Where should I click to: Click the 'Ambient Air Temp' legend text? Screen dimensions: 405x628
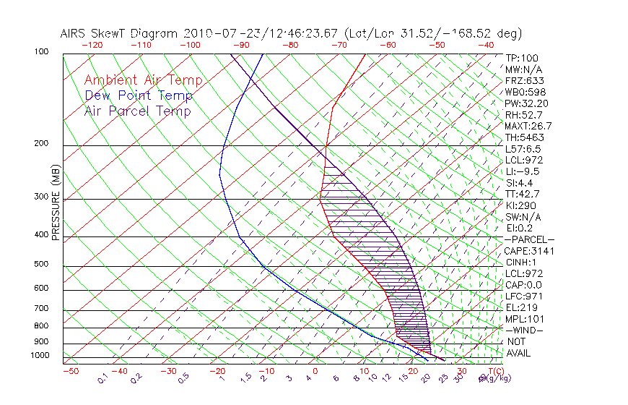click(x=143, y=80)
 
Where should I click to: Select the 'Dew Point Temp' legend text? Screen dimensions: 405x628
click(x=139, y=95)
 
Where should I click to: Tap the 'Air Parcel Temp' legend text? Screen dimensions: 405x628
click(x=137, y=111)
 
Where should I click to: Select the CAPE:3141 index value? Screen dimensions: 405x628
click(x=527, y=251)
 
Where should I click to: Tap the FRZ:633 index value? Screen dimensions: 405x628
click(x=520, y=81)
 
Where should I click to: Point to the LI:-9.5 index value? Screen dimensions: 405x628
click(x=522, y=171)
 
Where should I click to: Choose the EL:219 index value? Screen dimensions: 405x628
click(x=519, y=307)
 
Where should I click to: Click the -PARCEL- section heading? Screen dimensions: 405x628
click(x=529, y=239)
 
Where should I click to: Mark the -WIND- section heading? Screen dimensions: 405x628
click(x=524, y=330)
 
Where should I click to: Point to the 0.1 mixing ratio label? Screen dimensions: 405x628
click(x=102, y=378)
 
